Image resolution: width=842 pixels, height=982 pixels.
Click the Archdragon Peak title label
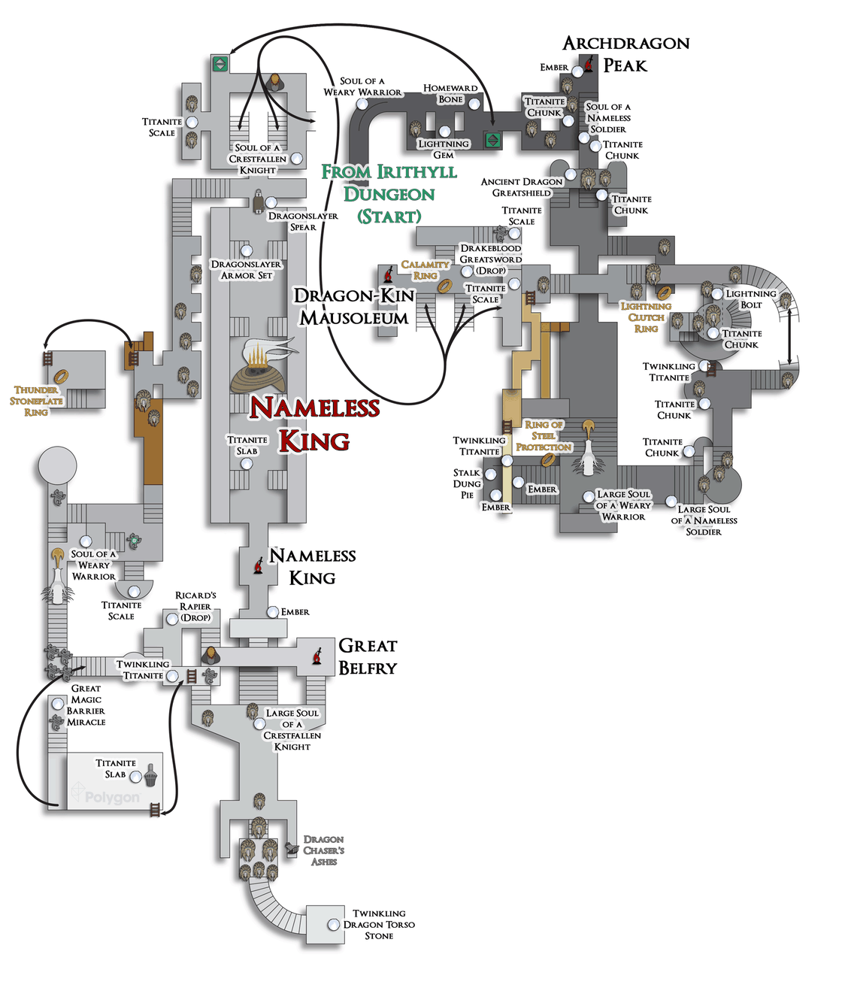tap(625, 54)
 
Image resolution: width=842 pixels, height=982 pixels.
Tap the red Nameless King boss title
tap(314, 424)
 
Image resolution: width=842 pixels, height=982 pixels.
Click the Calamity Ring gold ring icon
tap(444, 286)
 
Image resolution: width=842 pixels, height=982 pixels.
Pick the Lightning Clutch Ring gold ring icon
tap(664, 292)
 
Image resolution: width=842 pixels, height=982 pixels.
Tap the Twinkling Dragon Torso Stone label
tap(379, 924)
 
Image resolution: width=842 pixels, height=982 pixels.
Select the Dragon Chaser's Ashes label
tap(323, 850)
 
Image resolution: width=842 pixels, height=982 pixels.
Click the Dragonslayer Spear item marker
tap(271, 202)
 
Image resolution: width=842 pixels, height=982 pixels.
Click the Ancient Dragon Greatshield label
tap(522, 187)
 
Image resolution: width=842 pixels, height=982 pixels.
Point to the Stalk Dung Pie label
tap(467, 483)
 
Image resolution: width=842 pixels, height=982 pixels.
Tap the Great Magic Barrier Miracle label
tap(87, 705)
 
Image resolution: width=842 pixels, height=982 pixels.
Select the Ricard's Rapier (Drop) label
tap(195, 606)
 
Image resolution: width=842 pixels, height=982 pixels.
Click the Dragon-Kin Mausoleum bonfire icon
tap(389, 274)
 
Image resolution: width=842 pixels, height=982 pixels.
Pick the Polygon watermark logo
tap(105, 796)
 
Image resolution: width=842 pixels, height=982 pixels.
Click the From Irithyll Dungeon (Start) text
tap(389, 194)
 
